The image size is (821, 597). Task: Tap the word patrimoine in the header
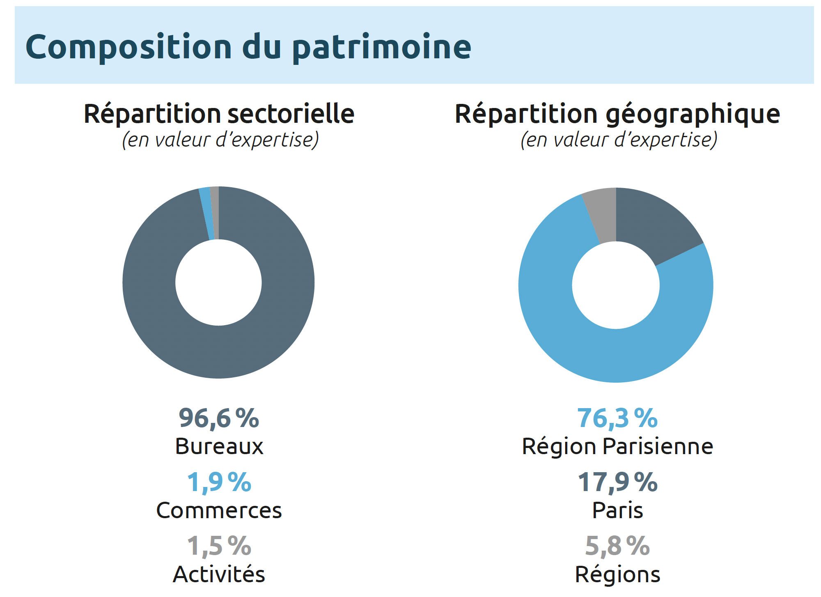pos(382,48)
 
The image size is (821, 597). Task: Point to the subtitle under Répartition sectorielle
pos(220,140)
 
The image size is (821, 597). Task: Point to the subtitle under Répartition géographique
pos(619,140)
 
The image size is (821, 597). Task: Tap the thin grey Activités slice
pos(215,213)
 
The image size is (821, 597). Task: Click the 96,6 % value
pos(219,418)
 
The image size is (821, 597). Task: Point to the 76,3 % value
pos(617,418)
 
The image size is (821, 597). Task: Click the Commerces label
pos(219,510)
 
